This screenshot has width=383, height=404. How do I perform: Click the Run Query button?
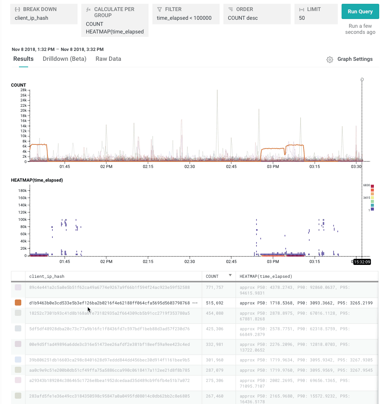click(360, 11)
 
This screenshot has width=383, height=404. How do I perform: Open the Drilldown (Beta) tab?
click(65, 59)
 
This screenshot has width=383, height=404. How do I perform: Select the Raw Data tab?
click(108, 59)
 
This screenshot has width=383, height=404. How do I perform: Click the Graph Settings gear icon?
click(330, 59)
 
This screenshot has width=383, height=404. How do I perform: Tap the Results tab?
click(24, 59)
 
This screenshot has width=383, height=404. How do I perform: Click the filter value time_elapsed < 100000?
click(184, 18)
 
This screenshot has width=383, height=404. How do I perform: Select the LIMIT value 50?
click(302, 18)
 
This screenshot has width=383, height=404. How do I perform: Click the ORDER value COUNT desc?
click(243, 18)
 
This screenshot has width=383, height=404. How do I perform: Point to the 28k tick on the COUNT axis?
click(23, 90)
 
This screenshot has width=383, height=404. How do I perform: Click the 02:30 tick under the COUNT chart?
click(190, 166)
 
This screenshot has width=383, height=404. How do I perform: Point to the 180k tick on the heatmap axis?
click(21, 191)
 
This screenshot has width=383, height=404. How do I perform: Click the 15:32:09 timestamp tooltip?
click(362, 261)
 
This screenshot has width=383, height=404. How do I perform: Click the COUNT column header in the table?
click(212, 276)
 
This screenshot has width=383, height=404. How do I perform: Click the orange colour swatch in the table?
click(18, 303)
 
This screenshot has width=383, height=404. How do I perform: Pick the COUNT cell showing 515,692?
click(215, 303)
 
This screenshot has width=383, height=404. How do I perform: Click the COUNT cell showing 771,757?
click(215, 288)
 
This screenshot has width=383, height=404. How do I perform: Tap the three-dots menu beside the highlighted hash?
click(195, 303)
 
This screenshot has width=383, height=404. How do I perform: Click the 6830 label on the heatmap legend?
click(367, 185)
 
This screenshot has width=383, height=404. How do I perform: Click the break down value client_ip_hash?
click(32, 18)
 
